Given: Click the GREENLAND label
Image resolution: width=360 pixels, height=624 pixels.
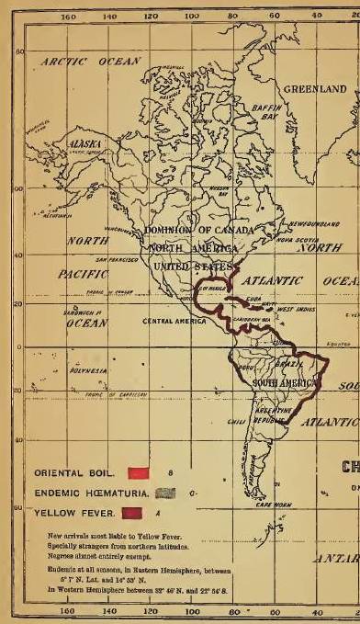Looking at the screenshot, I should pyautogui.click(x=314, y=89).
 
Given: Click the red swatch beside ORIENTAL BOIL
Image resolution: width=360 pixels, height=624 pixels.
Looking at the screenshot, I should pyautogui.click(x=139, y=472).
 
